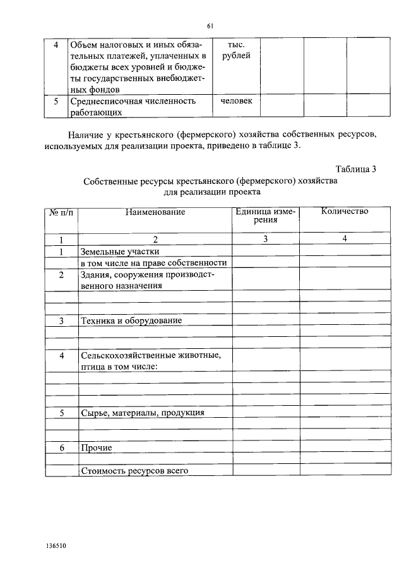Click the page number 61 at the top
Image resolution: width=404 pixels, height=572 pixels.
tap(210, 26)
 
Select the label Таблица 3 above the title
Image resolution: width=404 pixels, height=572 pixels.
tap(356, 169)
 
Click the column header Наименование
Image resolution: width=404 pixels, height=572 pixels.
tap(155, 212)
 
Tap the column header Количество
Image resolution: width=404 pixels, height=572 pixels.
tap(344, 211)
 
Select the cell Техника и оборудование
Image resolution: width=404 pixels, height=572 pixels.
tap(131, 320)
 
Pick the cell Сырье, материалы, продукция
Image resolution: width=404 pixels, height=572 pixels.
tap(142, 413)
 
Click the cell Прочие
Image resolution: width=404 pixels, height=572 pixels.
tap(97, 447)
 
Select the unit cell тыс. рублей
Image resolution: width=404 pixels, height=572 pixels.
tap(236, 51)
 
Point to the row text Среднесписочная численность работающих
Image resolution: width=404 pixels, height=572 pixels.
tap(133, 106)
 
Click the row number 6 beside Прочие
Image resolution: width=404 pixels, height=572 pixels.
tap(61, 447)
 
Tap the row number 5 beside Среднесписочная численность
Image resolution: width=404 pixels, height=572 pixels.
tap(56, 101)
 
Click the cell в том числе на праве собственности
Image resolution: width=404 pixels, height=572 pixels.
tap(153, 263)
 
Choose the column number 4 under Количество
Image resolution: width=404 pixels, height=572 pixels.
tap(344, 239)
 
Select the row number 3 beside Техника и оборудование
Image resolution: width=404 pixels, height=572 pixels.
tap(61, 321)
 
